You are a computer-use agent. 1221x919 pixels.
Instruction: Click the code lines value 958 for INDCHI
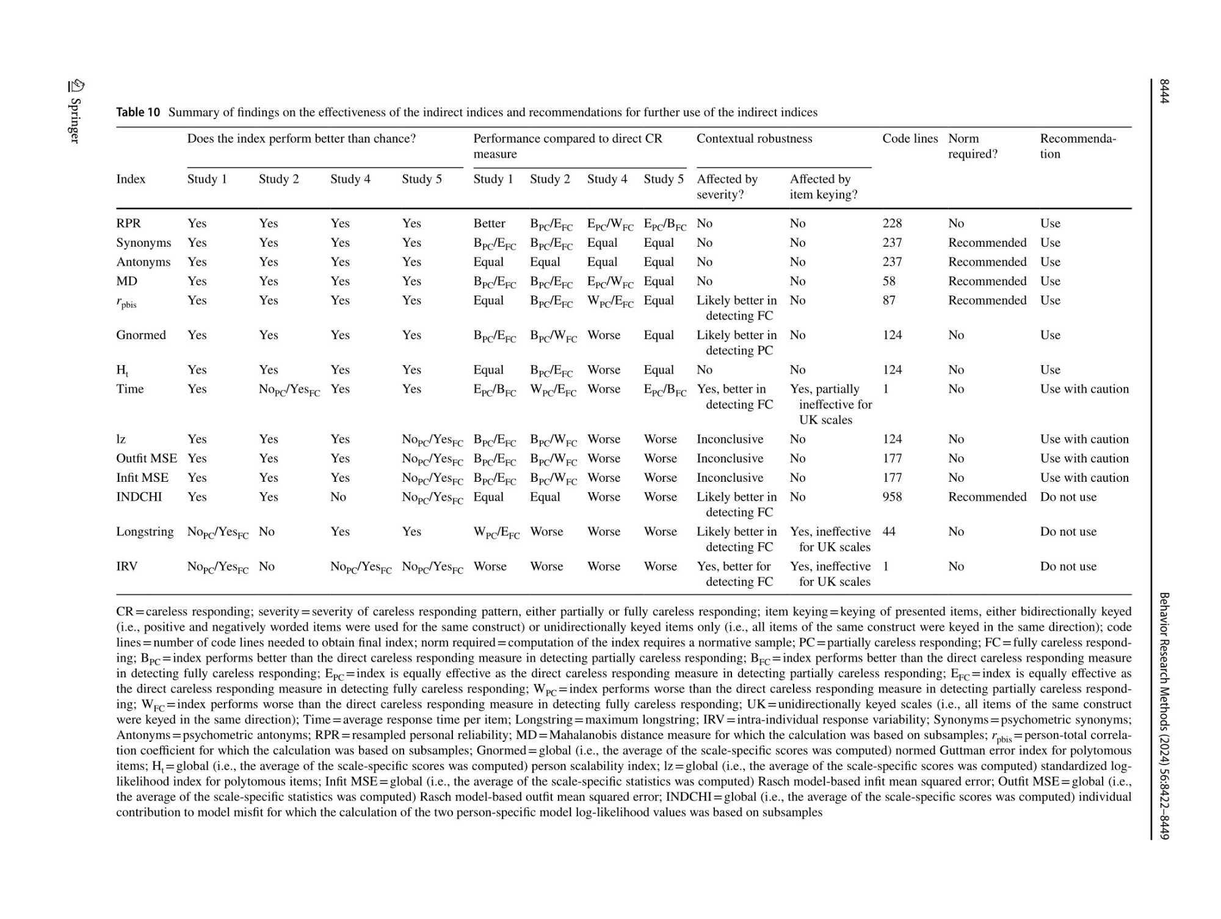click(892, 497)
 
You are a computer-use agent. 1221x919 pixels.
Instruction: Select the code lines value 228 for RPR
click(892, 223)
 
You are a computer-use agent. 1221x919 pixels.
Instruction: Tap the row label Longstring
click(145, 532)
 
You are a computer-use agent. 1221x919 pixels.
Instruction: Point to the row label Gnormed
click(141, 335)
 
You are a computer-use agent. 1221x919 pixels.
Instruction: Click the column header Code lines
click(910, 139)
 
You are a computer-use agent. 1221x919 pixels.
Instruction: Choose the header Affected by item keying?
click(824, 187)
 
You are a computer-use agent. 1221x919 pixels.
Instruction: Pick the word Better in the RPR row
click(489, 223)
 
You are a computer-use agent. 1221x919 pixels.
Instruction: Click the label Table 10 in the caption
click(138, 112)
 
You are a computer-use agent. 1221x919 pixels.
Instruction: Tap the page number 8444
click(1164, 92)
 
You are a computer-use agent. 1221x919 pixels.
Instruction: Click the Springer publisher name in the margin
click(74, 120)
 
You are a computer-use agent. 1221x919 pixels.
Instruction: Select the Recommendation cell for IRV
click(1068, 567)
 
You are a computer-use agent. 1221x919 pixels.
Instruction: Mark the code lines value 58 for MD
click(889, 282)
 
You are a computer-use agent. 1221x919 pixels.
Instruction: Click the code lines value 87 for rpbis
click(889, 300)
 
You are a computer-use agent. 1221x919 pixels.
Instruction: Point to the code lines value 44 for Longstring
click(889, 532)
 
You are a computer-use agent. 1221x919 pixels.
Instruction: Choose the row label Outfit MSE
click(147, 459)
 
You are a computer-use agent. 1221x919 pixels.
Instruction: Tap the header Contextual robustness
click(754, 139)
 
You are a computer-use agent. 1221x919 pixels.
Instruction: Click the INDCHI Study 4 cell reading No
click(338, 497)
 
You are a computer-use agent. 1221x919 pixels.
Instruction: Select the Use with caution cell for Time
click(1084, 389)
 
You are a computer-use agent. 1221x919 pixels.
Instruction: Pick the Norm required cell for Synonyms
click(987, 243)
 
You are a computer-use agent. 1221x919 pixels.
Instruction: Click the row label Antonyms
click(143, 262)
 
